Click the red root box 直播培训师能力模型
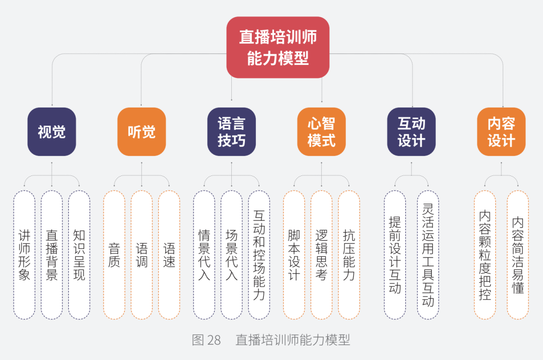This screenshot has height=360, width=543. pos(278,47)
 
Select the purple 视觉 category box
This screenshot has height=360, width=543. pos(52,132)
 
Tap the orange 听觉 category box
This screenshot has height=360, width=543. pos(141,132)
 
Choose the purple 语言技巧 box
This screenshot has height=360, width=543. pos(231,132)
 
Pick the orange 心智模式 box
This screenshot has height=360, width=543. pos(321,132)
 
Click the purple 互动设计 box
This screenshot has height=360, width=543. pos(411,132)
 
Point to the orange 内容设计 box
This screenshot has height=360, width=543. pos(501,132)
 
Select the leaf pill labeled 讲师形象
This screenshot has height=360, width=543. pos(24,255)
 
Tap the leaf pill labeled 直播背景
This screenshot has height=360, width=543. pos(52,255)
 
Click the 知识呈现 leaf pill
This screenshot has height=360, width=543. pos(79,255)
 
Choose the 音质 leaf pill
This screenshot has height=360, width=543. pos(114,255)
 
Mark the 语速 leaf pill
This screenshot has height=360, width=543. pos(169,255)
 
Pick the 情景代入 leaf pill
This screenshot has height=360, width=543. pos(204,255)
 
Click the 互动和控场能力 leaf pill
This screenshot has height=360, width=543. pos(259,255)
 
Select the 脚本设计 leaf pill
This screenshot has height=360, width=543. pos(294,255)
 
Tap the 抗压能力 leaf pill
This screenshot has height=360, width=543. pos(349,255)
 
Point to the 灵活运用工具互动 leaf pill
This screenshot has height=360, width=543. pos(428,255)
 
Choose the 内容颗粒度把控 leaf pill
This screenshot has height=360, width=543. pos(485,255)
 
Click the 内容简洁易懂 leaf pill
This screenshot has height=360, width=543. pos(518,255)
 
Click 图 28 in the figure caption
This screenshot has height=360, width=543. pos(206,340)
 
